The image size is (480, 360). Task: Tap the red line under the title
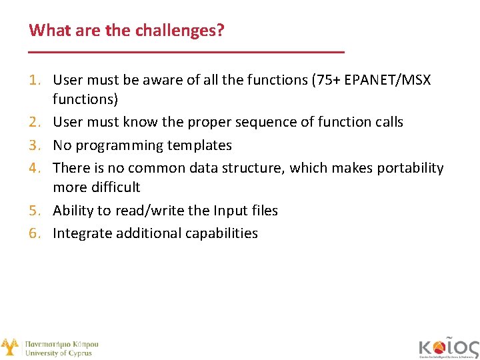pos(187,52)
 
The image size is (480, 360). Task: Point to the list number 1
pos(36,80)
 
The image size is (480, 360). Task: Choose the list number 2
pos(36,122)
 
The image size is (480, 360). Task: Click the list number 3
pos(36,145)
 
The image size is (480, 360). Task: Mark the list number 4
pos(36,168)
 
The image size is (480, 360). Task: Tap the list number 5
pos(36,211)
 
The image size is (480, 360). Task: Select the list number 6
pos(36,233)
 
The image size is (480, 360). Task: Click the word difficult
pos(115,187)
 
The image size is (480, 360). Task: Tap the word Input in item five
pos(229,211)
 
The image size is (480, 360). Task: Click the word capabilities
pos(217,233)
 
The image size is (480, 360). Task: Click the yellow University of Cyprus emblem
pos(10,347)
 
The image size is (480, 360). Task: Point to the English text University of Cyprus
pos(59,353)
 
